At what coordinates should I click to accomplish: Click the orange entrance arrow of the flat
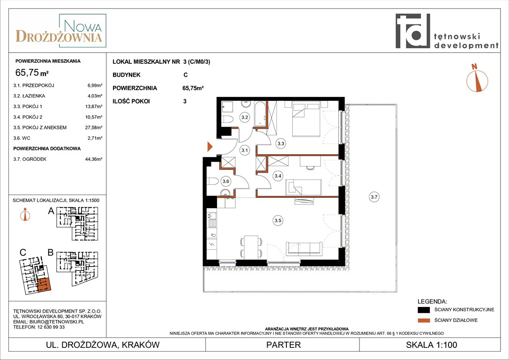click(210, 147)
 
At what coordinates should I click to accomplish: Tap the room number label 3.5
click(278, 220)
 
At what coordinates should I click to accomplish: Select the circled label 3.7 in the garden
click(374, 197)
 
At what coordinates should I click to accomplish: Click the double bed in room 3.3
click(306, 119)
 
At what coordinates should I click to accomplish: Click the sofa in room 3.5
click(304, 249)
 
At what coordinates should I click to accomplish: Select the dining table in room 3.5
click(251, 247)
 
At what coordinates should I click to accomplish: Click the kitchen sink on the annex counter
click(212, 220)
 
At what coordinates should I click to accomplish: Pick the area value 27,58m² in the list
click(94, 127)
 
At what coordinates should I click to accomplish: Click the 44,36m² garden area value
click(94, 159)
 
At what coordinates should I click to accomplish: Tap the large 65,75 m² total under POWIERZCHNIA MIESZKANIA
click(32, 72)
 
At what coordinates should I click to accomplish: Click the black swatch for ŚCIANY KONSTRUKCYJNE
click(424, 310)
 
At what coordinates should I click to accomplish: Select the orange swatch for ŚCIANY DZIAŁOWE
click(424, 321)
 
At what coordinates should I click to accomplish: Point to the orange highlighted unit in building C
click(44, 285)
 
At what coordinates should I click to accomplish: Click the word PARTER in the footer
click(284, 345)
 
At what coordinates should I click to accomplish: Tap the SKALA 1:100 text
click(431, 345)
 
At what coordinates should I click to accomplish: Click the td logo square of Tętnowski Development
click(412, 31)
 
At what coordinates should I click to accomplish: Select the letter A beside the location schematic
click(51, 211)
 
